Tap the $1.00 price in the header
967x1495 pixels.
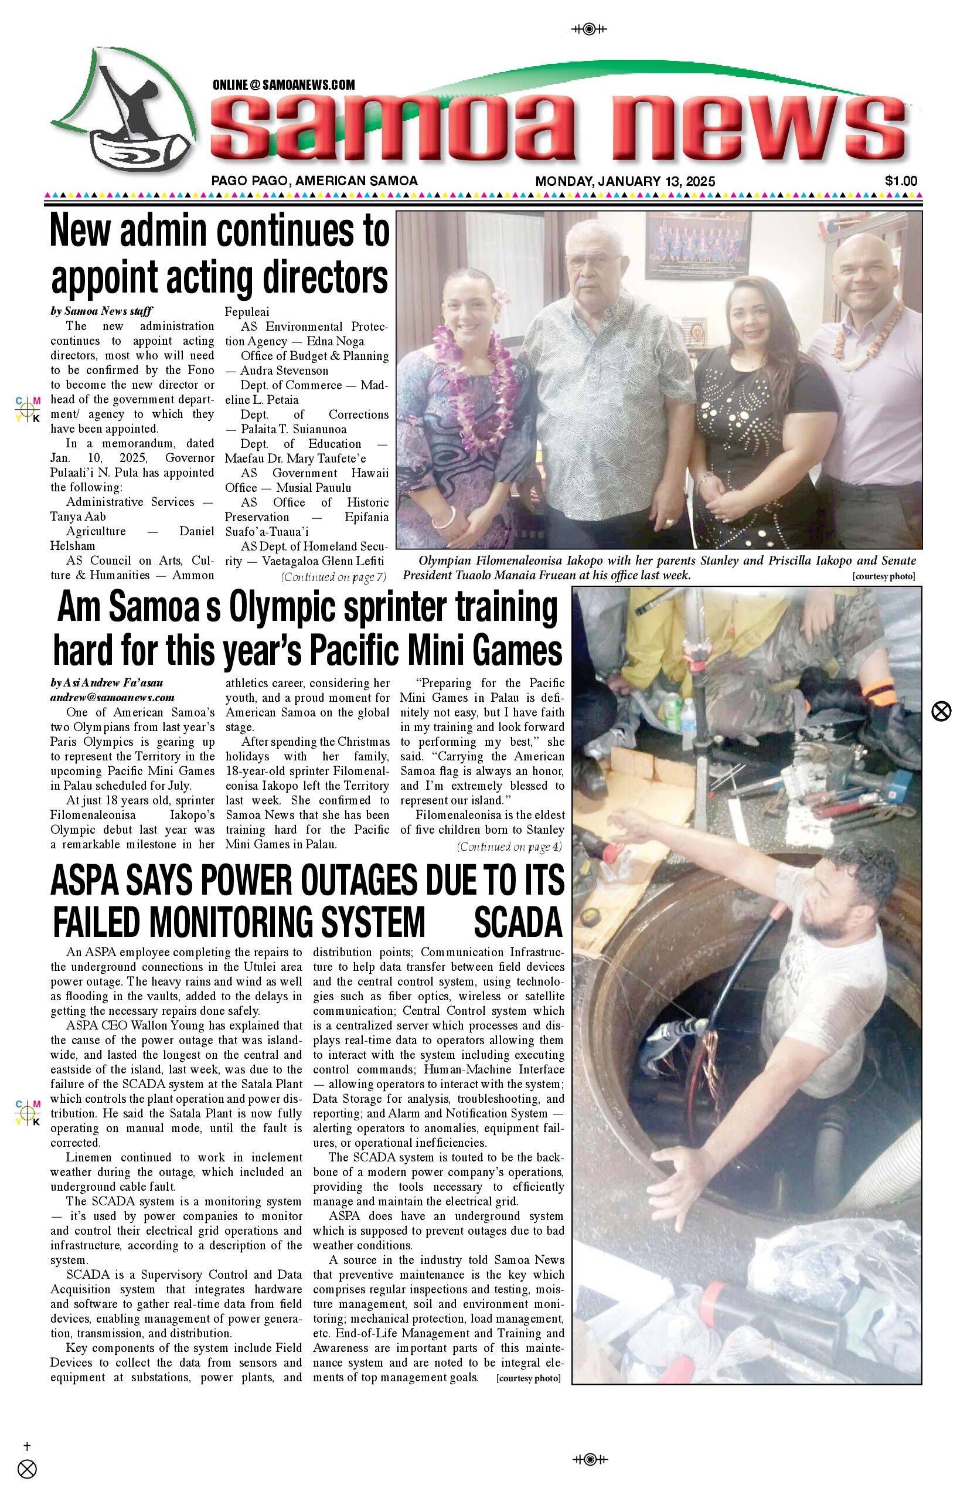[x=900, y=181]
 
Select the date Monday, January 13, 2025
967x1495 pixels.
[x=625, y=182]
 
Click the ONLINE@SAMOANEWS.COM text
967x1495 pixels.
[x=283, y=85]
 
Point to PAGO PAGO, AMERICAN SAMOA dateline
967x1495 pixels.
[x=314, y=181]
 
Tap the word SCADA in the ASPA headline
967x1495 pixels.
[x=517, y=922]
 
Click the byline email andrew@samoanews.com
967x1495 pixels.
[x=113, y=697]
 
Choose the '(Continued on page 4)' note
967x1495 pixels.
[x=509, y=846]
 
